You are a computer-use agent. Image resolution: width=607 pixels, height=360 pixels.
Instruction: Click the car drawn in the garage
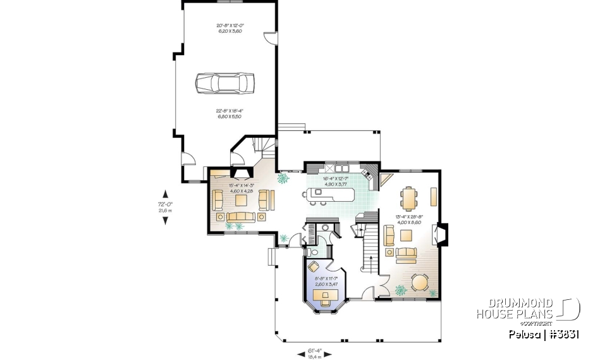pyautogui.click(x=224, y=83)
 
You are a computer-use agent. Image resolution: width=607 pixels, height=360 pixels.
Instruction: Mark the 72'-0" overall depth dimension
pyautogui.click(x=165, y=207)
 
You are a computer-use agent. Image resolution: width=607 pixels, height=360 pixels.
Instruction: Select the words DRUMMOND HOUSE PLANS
pyautogui.click(x=516, y=309)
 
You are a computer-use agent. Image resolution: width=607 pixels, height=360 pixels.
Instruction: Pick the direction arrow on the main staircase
pyautogui.click(x=370, y=260)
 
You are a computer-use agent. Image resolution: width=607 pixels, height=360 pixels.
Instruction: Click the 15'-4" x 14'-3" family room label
pyautogui.click(x=241, y=187)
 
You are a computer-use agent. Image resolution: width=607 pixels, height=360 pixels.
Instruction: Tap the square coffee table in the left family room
pyautogui.click(x=241, y=201)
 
